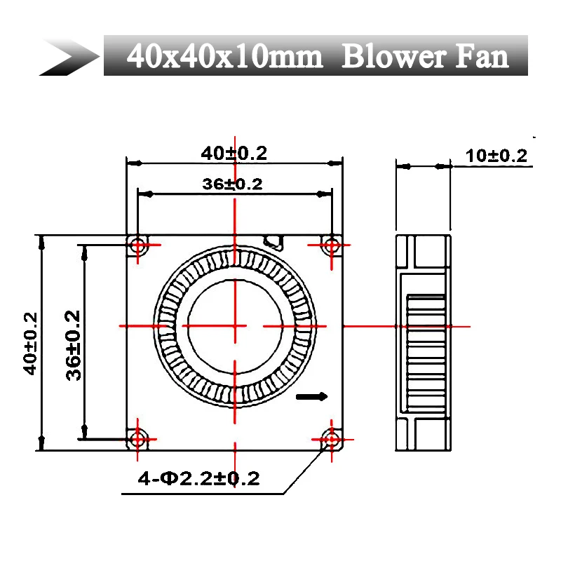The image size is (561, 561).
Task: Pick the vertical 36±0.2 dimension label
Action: (x=74, y=344)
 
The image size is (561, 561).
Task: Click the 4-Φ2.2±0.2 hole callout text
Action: (x=198, y=479)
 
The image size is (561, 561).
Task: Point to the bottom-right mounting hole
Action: (x=330, y=440)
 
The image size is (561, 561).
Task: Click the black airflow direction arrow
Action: (x=312, y=397)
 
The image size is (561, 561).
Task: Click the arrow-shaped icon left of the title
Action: (x=70, y=56)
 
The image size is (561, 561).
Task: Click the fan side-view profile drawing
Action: (x=422, y=342)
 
